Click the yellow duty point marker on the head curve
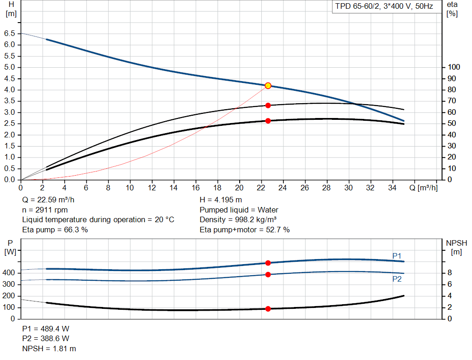click(268, 86)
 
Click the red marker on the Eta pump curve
click(268, 106)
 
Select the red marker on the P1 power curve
click(268, 263)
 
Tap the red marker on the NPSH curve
click(268, 309)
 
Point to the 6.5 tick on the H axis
click(9, 34)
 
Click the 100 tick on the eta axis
click(454, 67)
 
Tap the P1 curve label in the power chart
click(397, 256)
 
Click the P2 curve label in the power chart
click(397, 279)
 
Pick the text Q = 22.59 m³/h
click(48, 200)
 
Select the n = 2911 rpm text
click(45, 210)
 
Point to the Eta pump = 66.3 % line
click(55, 230)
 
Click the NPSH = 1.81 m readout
click(49, 348)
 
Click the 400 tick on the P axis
click(10, 273)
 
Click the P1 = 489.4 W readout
click(46, 329)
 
